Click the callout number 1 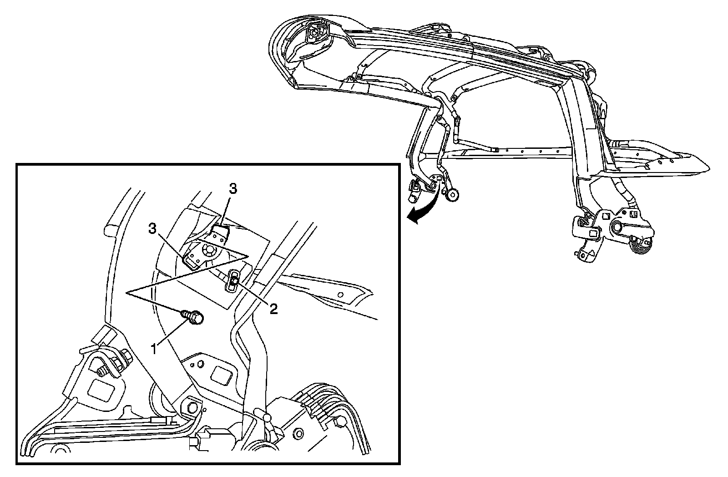tap(155, 349)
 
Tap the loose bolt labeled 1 tap(194, 316)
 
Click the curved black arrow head tap(412, 219)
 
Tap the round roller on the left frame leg tap(453, 195)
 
